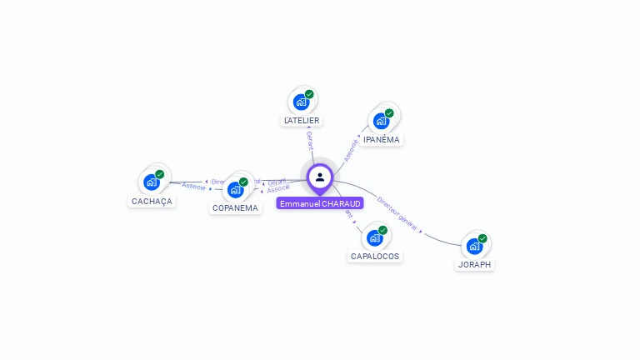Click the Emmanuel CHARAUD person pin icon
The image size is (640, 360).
(x=319, y=177)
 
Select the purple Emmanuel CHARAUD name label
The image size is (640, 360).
(x=320, y=204)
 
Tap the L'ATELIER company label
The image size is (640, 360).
(x=302, y=121)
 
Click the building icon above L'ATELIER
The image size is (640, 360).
(x=301, y=102)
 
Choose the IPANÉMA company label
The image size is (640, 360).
(x=382, y=140)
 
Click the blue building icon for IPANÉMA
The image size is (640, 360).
(x=381, y=120)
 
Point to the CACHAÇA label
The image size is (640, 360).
(x=152, y=202)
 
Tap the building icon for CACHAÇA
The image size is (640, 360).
(x=151, y=182)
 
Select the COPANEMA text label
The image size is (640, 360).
(x=235, y=208)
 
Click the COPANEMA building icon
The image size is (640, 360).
(x=235, y=189)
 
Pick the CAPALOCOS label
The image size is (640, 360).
(x=374, y=257)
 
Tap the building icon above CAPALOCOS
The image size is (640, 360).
(x=375, y=237)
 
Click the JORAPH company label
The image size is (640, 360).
(x=475, y=265)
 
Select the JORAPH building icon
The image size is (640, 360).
(x=474, y=246)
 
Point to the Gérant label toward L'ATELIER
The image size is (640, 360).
(x=309, y=140)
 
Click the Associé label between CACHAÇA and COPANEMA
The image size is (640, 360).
(x=193, y=186)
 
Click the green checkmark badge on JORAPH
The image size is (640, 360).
(x=482, y=238)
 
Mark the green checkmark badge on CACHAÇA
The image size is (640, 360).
(x=159, y=174)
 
